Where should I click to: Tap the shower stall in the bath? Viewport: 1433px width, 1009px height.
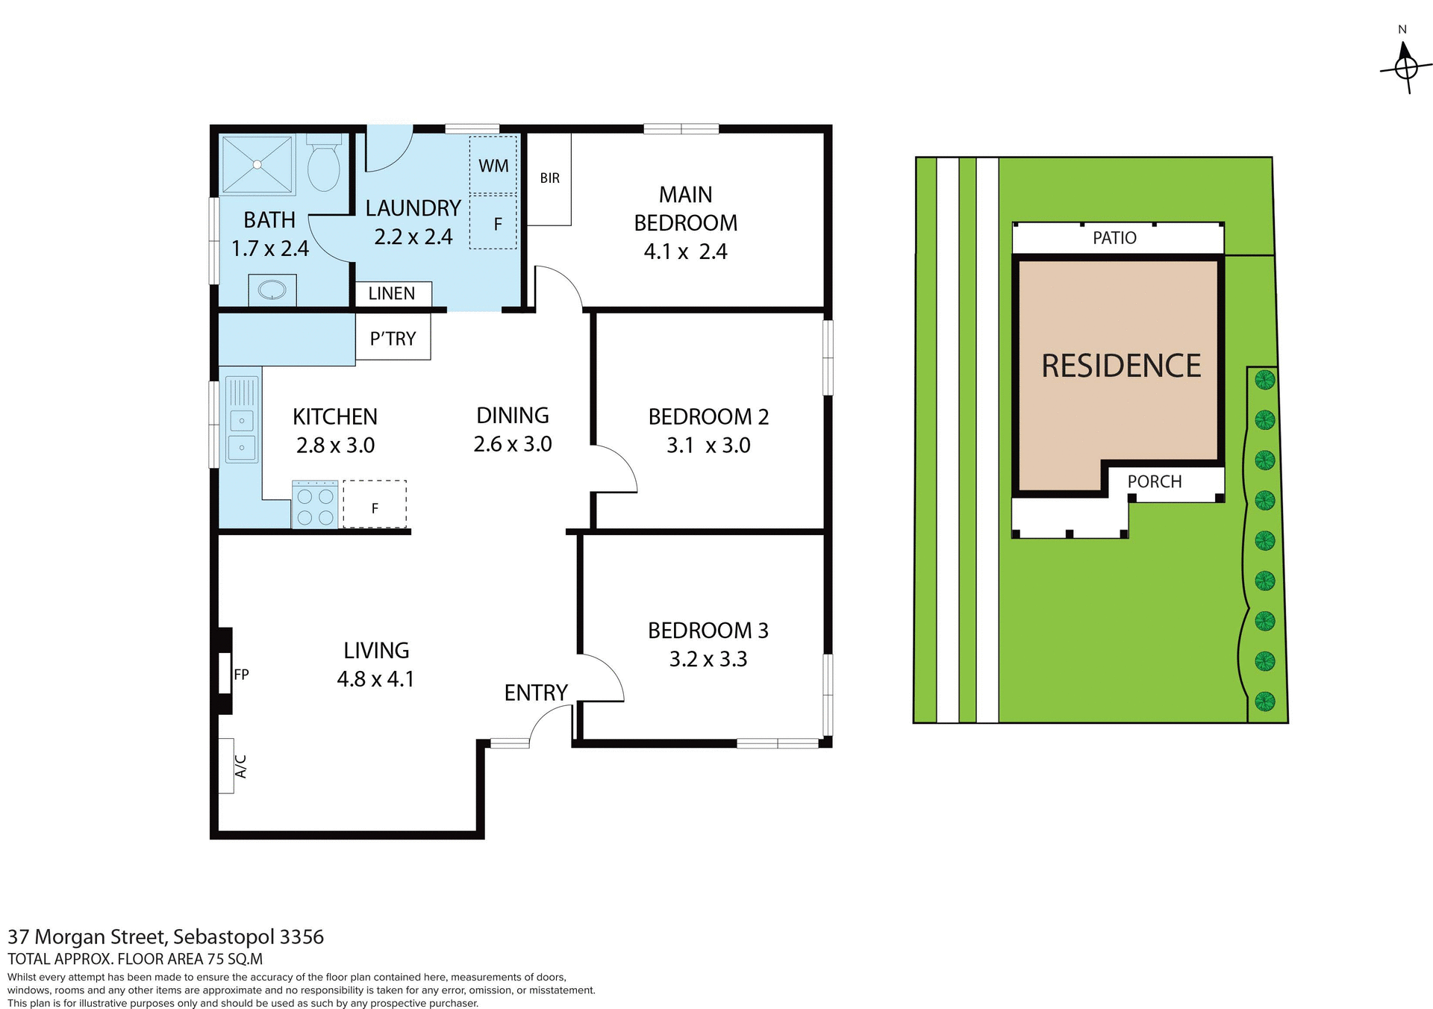coord(257,165)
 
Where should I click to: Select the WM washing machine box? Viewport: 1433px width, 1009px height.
coord(493,166)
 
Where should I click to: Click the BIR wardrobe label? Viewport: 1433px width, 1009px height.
coord(549,178)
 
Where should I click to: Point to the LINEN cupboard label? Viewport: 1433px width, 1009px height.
coord(392,294)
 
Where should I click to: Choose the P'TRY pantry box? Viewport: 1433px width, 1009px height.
coord(393,339)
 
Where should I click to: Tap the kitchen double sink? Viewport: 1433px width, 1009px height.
coord(242,434)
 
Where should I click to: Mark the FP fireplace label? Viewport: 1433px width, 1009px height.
coord(241,675)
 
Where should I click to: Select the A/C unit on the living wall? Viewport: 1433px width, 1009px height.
coord(227,766)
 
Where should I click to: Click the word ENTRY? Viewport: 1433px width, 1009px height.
coord(536,693)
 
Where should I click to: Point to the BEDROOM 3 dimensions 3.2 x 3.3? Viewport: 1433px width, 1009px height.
coord(708,660)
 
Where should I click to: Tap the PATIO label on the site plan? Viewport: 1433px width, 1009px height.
coord(1114,238)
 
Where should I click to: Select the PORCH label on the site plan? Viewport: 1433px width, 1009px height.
coord(1154,482)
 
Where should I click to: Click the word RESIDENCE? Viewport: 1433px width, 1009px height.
coord(1120,366)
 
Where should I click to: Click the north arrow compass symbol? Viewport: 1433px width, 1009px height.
coord(1405,68)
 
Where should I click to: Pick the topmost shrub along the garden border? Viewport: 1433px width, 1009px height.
coord(1264,380)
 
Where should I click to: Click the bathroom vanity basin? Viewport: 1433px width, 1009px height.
coord(272,290)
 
